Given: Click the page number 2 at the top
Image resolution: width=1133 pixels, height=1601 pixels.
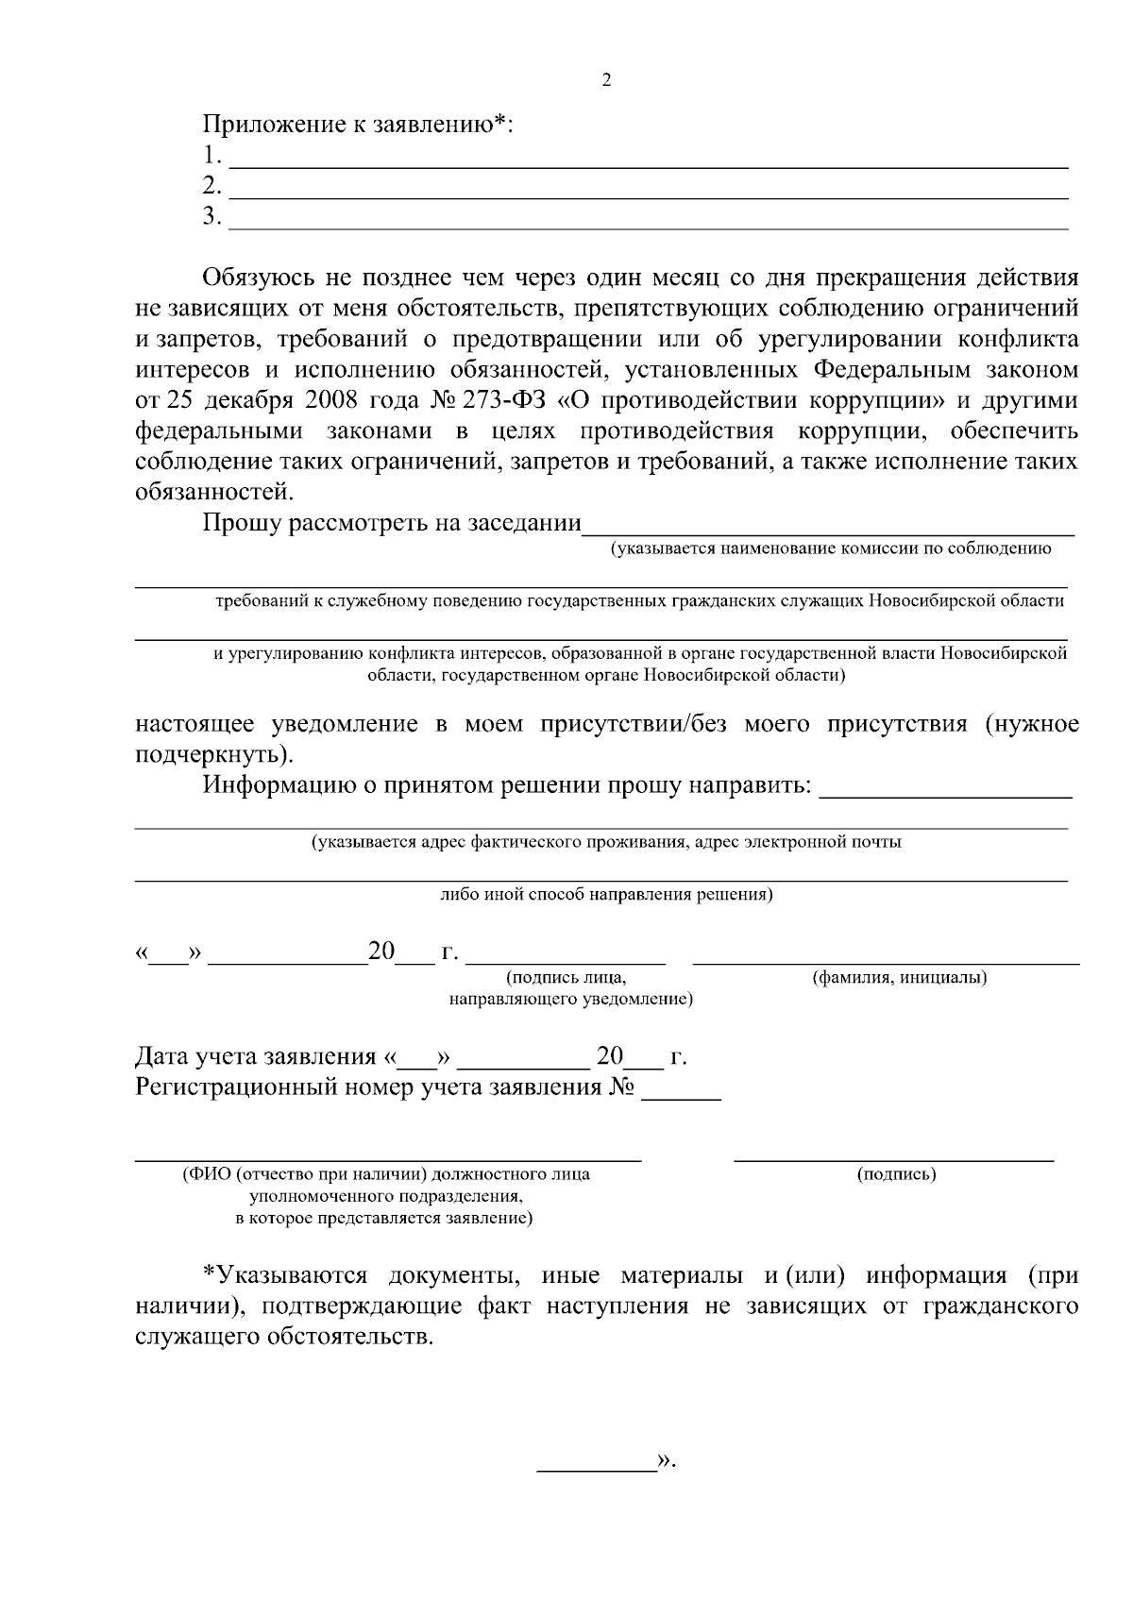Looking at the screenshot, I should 606,80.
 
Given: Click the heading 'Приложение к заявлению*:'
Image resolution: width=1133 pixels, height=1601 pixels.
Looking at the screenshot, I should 357,124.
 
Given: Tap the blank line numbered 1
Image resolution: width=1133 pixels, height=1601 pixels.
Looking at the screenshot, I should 650,160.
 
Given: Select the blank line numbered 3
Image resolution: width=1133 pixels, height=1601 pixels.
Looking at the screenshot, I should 650,223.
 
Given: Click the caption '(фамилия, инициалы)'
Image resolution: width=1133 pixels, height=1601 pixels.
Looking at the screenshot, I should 900,978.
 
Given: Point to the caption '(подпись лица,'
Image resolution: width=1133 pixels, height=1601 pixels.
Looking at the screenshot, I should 566,978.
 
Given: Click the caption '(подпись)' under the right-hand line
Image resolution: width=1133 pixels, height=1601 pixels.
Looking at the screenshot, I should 896,1175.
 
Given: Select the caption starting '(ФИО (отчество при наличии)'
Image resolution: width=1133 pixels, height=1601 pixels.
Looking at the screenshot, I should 386,1175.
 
